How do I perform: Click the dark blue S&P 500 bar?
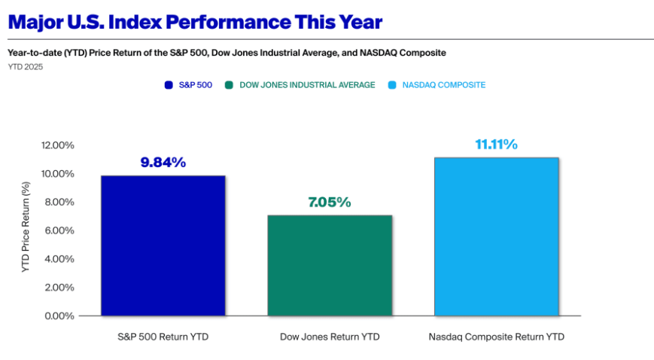(163, 246)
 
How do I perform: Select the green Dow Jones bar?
(330, 265)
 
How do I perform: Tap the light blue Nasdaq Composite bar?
(496, 236)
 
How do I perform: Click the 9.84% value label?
(163, 163)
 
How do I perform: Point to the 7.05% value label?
(330, 203)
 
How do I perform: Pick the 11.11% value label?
(496, 145)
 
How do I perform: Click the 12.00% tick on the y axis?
(58, 145)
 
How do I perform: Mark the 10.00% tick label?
(58, 174)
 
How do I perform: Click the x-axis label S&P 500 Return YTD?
(163, 337)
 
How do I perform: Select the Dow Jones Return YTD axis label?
(330, 337)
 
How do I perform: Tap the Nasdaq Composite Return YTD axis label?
(496, 337)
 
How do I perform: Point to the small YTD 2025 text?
(26, 68)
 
